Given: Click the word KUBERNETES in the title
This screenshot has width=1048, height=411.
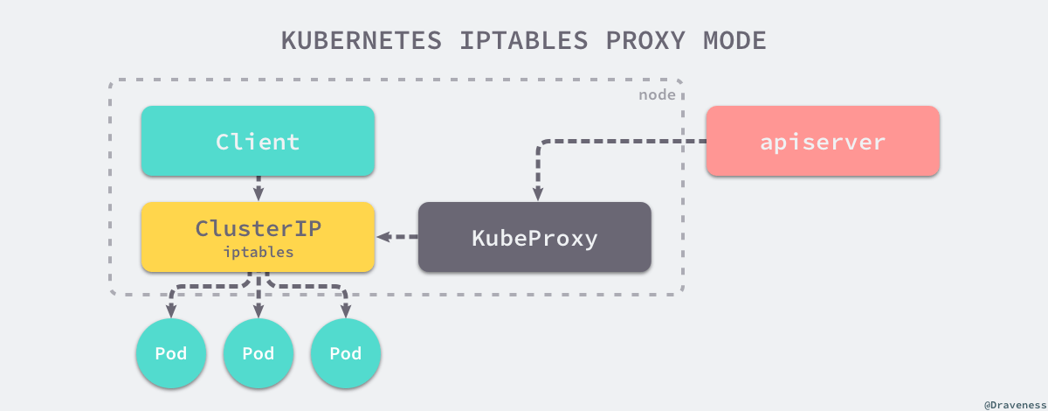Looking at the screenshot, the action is click(x=362, y=40).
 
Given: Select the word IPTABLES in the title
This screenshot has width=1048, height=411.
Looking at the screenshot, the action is click(x=523, y=40).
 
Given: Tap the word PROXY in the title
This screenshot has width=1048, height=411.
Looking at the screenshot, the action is click(x=645, y=40).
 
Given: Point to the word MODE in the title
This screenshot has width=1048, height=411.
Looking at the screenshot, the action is click(x=734, y=40).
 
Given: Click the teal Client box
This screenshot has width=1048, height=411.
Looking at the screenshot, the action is click(x=258, y=141).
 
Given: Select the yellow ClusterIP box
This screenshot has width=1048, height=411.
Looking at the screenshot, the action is click(x=258, y=237).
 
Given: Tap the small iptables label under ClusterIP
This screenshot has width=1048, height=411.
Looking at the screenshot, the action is click(x=259, y=252).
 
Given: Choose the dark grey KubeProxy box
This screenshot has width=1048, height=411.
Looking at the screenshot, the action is click(x=534, y=237).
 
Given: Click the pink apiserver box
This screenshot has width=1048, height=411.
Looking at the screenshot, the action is click(x=823, y=141).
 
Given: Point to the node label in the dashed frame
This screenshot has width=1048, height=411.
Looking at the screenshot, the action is click(x=657, y=95).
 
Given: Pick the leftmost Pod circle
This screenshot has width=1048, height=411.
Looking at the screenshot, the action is click(x=171, y=353).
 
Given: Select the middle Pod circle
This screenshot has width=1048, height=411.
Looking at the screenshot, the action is click(x=259, y=353).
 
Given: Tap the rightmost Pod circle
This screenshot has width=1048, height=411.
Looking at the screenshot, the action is click(x=346, y=353).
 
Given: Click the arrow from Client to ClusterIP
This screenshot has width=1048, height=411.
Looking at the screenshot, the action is click(x=259, y=189).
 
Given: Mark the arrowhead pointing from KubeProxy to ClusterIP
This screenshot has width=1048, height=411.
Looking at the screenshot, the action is click(x=384, y=237).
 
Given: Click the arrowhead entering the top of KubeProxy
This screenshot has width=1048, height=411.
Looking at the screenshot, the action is click(x=538, y=194).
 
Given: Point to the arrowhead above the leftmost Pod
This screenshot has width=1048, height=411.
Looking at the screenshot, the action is click(x=171, y=310).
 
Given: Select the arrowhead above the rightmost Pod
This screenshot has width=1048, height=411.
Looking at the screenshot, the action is click(x=346, y=310).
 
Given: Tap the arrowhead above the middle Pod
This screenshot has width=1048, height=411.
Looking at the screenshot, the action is click(x=259, y=310).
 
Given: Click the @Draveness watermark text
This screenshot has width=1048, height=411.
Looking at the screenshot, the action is click(x=1015, y=405).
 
